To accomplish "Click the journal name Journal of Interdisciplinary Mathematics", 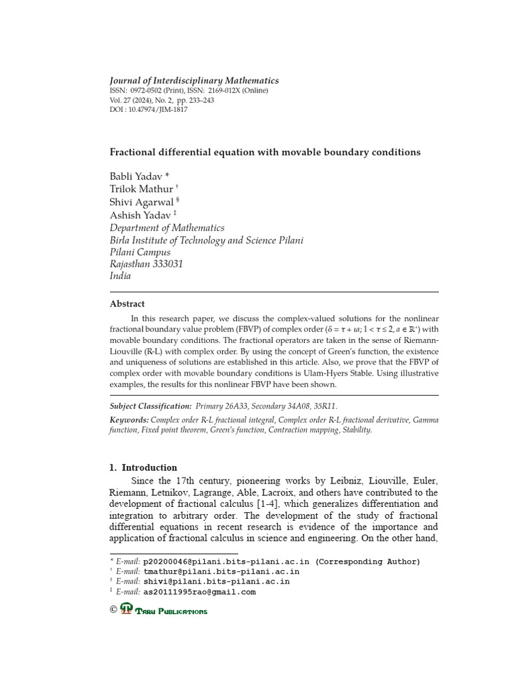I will [194, 81].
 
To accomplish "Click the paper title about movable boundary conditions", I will [265, 153].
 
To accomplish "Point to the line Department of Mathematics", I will [167, 228].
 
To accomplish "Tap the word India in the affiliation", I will [120, 276].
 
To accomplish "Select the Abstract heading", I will [127, 304].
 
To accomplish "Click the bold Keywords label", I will [129, 420].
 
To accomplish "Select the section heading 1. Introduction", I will [143, 468].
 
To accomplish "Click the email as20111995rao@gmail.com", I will [199, 591].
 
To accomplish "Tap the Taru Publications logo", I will [164, 609].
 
